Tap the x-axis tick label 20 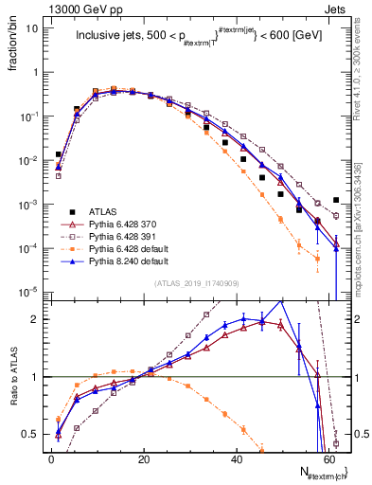pyautogui.click(x=143, y=459)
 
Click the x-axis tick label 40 pyautogui.click(x=237, y=459)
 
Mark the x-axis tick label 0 pyautogui.click(x=51, y=459)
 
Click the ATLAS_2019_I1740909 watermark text pyautogui.click(x=196, y=283)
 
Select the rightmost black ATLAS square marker pyautogui.click(x=336, y=200)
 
